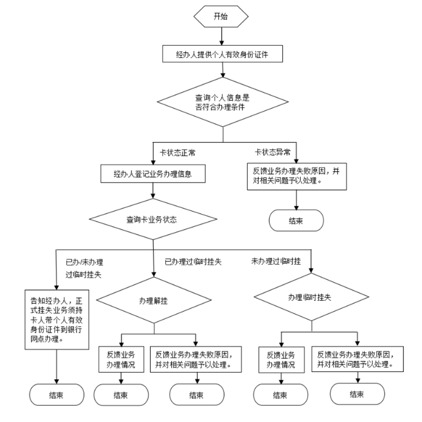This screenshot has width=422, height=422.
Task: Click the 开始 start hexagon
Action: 221,17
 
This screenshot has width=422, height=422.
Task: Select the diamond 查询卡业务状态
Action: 153,219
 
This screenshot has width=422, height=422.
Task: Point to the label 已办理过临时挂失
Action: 193,261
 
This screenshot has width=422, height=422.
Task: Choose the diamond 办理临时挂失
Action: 310,297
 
